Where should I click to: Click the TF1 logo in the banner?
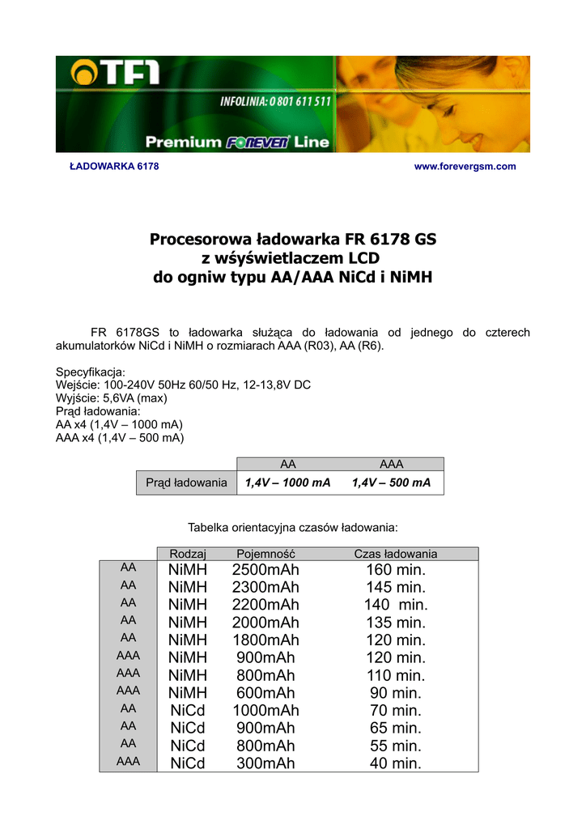[116, 74]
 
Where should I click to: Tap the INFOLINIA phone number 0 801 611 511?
[276, 101]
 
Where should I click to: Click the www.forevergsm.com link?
[465, 167]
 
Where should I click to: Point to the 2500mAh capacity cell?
[265, 570]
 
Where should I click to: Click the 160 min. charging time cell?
[396, 570]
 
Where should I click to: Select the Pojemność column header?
[265, 554]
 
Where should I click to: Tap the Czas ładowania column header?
[396, 554]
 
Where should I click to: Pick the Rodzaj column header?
[189, 554]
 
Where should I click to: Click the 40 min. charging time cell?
[396, 763]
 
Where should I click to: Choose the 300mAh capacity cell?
[265, 763]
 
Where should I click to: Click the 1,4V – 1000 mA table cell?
[288, 483]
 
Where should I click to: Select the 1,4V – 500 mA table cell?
[392, 483]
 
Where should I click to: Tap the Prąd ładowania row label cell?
[186, 483]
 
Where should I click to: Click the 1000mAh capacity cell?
[265, 711]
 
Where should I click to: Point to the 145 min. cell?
[396, 587]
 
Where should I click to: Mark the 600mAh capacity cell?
[265, 693]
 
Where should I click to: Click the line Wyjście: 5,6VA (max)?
[111, 398]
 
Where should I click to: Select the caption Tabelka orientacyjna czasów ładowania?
[293, 527]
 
